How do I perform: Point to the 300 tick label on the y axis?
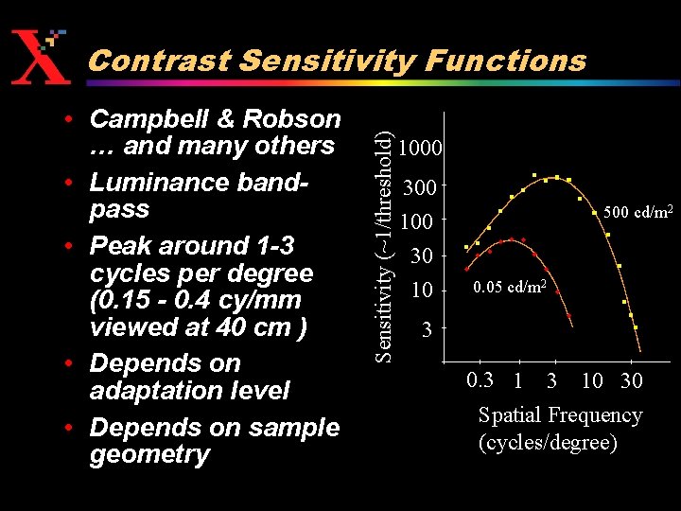420,187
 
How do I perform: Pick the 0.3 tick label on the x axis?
480,380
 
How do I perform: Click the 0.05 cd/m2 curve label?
510,286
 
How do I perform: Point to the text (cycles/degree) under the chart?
549,442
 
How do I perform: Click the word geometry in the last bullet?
149,455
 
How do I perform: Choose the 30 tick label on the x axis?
631,380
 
